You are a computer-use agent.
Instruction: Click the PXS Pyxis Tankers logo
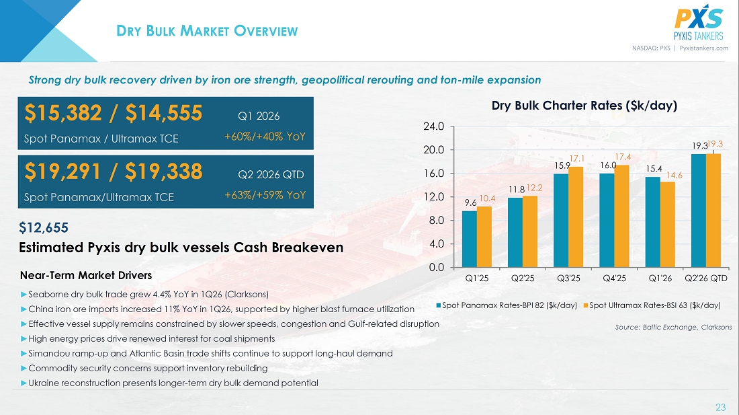[699, 23]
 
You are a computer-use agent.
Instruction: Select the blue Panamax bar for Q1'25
[470, 239]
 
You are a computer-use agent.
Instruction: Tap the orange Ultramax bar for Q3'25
[576, 217]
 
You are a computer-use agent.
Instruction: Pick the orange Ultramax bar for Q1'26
[667, 225]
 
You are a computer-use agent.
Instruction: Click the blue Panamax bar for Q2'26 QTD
[699, 211]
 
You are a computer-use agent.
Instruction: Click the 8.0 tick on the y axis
[437, 220]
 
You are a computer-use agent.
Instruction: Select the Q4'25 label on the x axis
[615, 278]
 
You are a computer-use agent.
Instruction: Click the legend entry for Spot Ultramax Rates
[652, 305]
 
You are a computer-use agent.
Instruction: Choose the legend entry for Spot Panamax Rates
[507, 305]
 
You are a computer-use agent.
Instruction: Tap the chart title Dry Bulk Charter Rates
[584, 106]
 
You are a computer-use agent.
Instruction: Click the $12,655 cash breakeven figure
[44, 228]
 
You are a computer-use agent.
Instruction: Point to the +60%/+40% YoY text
[265, 137]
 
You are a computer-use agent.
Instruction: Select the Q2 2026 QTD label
[271, 174]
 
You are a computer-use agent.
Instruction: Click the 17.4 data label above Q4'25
[623, 157]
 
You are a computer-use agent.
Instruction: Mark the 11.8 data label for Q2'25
[517, 190]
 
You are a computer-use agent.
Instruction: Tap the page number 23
[721, 408]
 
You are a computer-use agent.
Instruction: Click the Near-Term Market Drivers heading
[86, 275]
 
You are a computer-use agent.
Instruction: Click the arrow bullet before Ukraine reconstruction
[24, 383]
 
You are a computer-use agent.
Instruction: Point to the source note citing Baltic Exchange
[673, 328]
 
